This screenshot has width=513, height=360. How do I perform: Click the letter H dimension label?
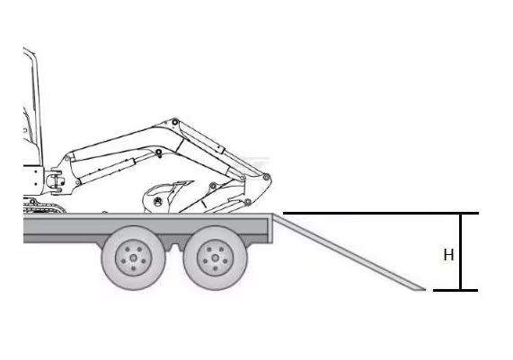point(448,255)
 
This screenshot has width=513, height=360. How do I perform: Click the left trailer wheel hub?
point(133,258)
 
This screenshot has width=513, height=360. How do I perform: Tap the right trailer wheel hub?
point(216,258)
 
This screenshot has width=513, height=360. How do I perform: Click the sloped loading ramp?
point(349,251)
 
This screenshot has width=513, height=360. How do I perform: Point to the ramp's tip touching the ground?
point(425,290)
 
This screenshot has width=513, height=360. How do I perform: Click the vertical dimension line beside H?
point(461,251)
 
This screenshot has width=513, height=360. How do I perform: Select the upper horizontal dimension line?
point(381,213)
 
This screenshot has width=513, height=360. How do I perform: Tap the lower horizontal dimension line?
point(456,290)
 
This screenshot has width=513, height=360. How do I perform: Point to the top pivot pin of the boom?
point(175,122)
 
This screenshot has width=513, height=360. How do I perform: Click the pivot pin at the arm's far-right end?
point(266,177)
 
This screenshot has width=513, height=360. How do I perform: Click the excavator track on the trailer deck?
point(44,206)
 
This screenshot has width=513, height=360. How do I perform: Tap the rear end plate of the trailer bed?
point(270,228)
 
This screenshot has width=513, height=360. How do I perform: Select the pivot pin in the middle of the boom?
point(159,152)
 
